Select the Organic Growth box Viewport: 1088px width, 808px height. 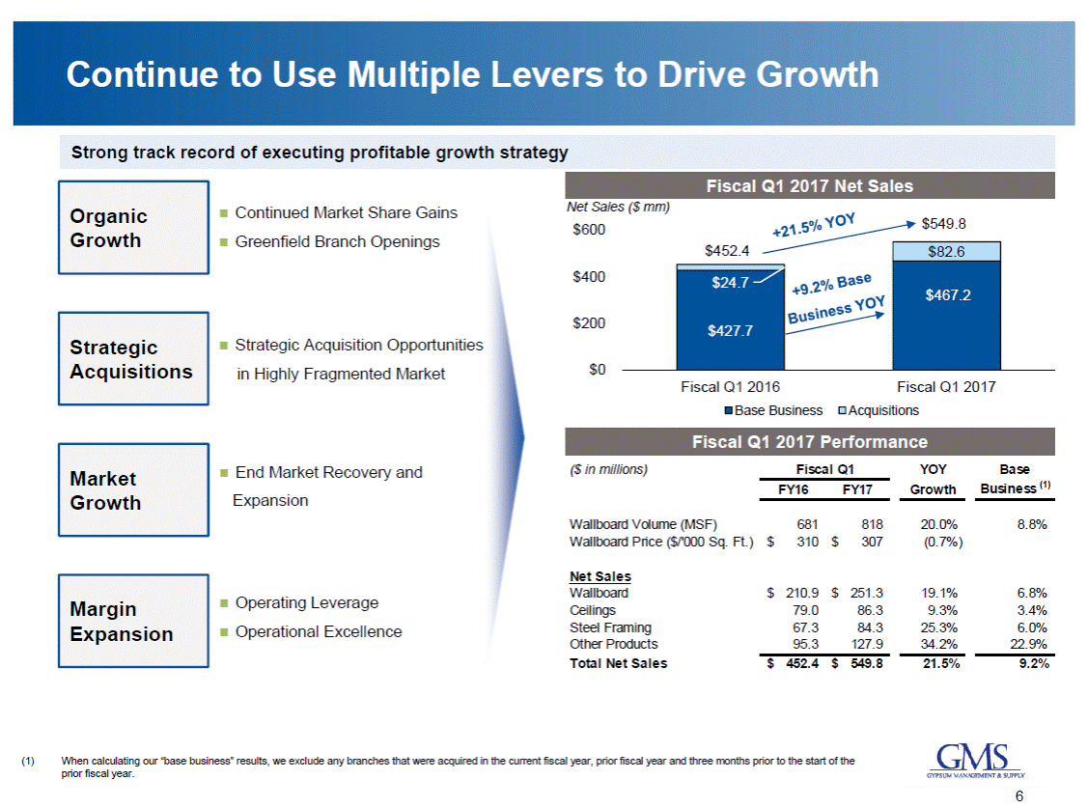click(x=133, y=228)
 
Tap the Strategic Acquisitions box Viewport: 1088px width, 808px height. click(x=133, y=359)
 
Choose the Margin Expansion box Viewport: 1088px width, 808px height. click(x=133, y=622)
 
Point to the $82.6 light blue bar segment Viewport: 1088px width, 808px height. click(x=946, y=251)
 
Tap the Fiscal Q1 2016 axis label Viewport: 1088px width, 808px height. click(x=730, y=386)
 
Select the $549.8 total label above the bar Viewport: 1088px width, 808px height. click(x=943, y=224)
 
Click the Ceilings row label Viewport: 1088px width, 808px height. click(x=592, y=610)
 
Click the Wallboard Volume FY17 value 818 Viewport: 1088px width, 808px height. click(x=858, y=525)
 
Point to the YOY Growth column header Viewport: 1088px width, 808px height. click(x=933, y=479)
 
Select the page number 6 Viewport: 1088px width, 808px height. click(x=1019, y=796)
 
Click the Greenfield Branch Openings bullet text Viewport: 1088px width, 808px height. click(x=337, y=241)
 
